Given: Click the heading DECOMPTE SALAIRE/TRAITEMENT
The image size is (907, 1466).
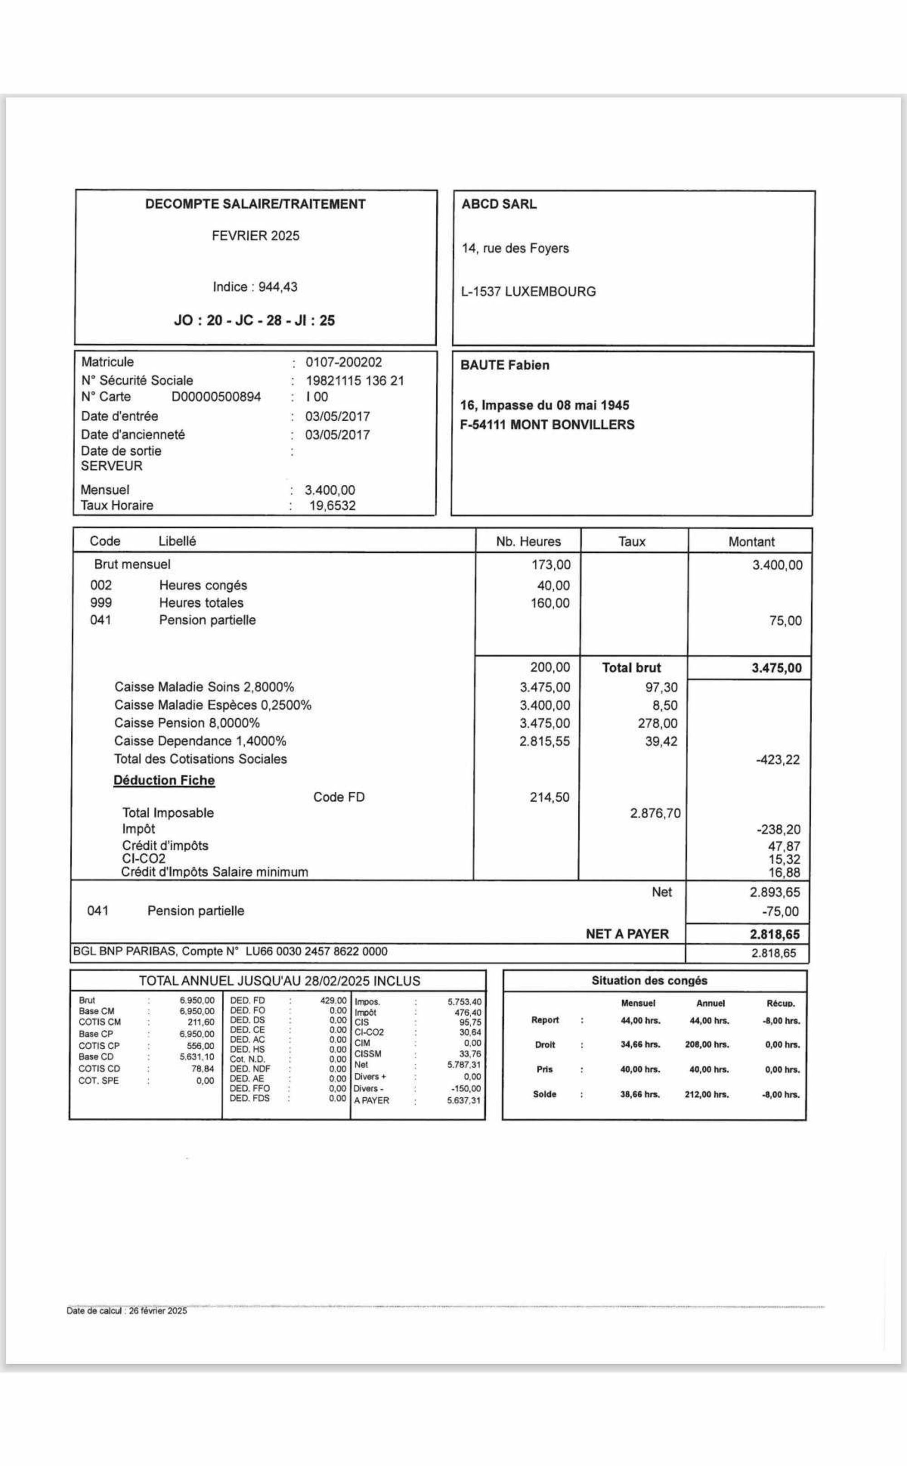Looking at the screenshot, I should click(255, 204).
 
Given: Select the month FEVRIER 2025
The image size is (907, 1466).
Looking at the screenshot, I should click(255, 236).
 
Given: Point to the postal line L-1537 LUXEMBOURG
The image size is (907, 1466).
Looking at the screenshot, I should click(528, 292).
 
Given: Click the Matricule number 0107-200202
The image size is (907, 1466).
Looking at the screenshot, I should click(343, 362).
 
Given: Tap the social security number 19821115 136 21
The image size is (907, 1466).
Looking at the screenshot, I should click(355, 380).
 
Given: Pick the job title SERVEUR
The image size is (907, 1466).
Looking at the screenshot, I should click(112, 466).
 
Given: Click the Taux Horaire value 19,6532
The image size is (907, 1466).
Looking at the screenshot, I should click(332, 506).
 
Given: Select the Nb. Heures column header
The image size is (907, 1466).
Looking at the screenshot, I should click(528, 542).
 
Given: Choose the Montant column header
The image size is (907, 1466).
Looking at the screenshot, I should click(751, 542).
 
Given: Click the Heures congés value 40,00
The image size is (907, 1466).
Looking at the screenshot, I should click(554, 586).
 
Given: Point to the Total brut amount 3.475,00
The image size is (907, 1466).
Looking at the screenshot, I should click(776, 668).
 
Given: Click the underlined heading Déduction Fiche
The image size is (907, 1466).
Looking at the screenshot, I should click(164, 780).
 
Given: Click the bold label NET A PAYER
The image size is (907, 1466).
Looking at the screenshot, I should click(627, 934).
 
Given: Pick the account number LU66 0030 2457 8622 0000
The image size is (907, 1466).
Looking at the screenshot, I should click(316, 951).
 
